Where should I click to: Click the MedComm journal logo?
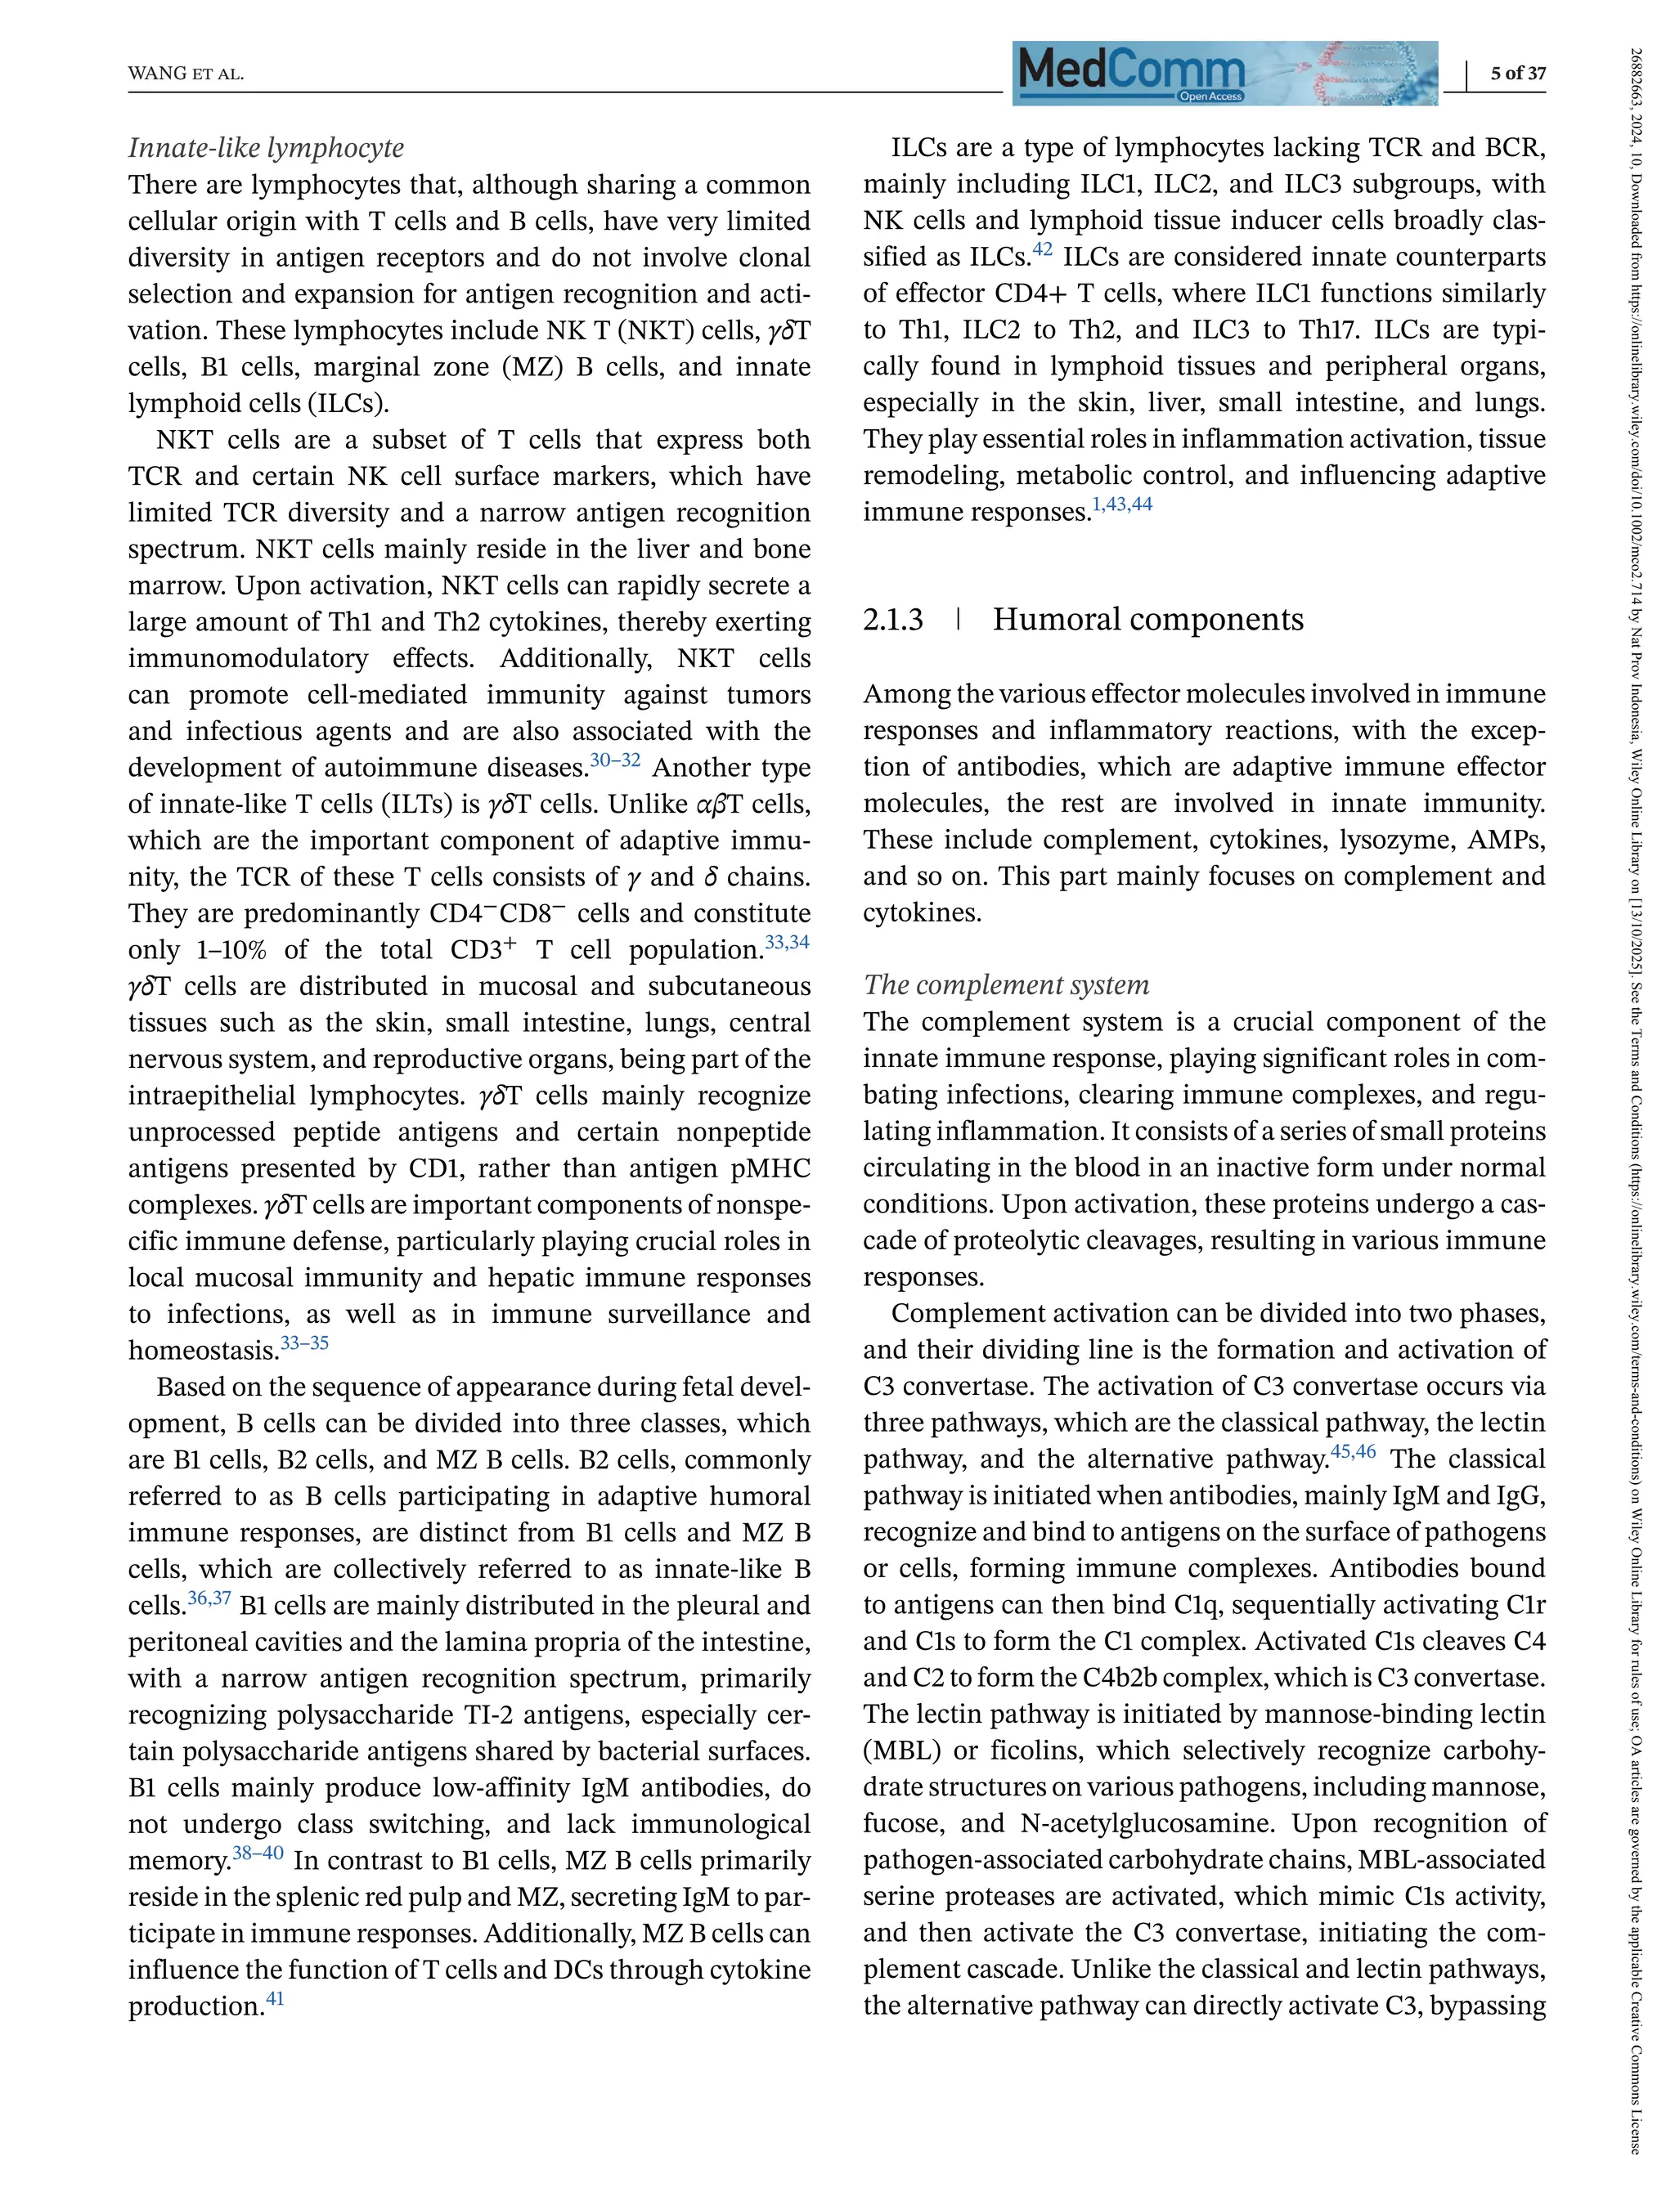click(1224, 73)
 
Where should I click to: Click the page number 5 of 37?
click(1517, 73)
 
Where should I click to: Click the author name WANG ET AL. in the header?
click(186, 74)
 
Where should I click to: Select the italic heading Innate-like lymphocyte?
click(266, 147)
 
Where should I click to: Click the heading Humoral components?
click(1147, 619)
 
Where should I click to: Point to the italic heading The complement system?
click(1006, 985)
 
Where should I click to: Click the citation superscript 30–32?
click(615, 760)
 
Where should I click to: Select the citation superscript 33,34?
click(787, 942)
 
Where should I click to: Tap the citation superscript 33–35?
click(304, 1343)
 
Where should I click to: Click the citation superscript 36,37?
click(209, 1598)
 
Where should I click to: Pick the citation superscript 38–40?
click(258, 1853)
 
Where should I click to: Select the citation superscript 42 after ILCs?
click(1042, 249)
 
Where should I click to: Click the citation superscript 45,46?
click(1353, 1451)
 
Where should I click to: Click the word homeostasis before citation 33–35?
click(202, 1351)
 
